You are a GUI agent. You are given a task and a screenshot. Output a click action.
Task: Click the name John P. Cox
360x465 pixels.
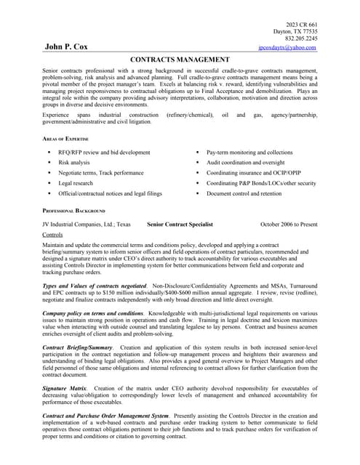[66, 46]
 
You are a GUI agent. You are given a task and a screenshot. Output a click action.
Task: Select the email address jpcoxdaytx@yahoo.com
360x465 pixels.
[287, 47]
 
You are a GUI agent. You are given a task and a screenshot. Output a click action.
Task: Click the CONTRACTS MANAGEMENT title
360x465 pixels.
[180, 60]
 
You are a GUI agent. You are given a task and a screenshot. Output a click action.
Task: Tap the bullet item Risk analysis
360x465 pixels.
[74, 163]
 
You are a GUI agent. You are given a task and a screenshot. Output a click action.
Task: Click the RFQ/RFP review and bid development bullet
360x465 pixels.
[104, 153]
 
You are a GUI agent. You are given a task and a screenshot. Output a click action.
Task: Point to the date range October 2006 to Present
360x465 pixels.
[289, 225]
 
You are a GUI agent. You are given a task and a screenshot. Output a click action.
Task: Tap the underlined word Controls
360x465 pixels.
[52, 235]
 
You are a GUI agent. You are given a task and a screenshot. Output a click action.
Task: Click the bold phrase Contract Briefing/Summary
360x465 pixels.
[78, 348]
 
